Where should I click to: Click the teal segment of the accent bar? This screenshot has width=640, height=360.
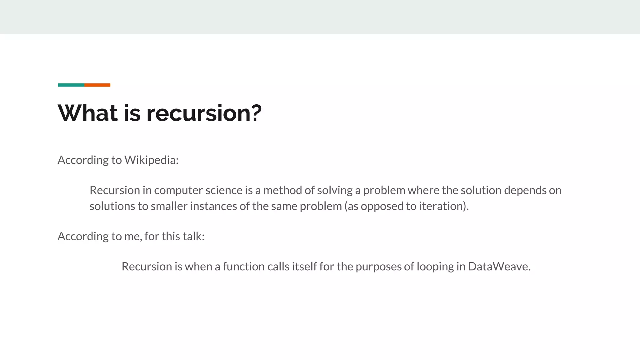(x=71, y=85)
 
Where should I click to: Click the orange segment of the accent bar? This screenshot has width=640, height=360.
(x=97, y=85)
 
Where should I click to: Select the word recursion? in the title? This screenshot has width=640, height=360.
(x=204, y=113)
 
